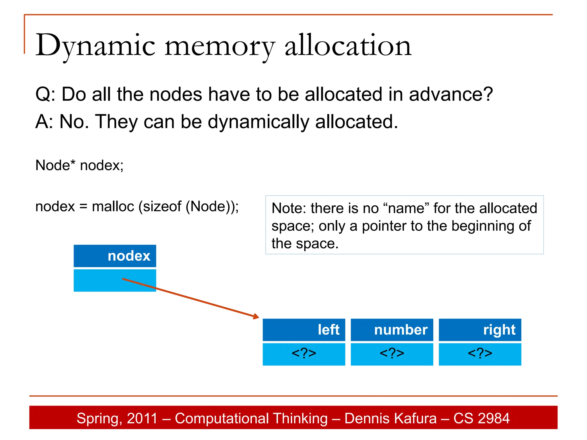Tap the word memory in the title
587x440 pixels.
tap(220, 46)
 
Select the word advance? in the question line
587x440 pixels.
tap(451, 95)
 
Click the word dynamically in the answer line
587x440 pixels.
tap(258, 122)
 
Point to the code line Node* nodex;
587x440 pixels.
tap(79, 165)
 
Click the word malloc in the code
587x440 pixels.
tap(113, 207)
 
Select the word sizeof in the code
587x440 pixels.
tap(162, 207)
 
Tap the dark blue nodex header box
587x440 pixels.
tap(115, 256)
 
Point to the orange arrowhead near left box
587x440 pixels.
tap(256, 317)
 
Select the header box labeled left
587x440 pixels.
tap(304, 330)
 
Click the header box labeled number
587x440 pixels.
tap(392, 330)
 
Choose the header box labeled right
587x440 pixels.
tap(480, 330)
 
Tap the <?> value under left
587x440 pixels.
tap(304, 353)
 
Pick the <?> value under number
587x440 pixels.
tap(392, 353)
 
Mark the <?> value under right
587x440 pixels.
tap(480, 353)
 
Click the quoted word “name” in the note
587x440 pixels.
tap(406, 208)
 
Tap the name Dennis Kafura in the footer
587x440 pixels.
tap(390, 418)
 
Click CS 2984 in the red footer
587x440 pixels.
tap(481, 418)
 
